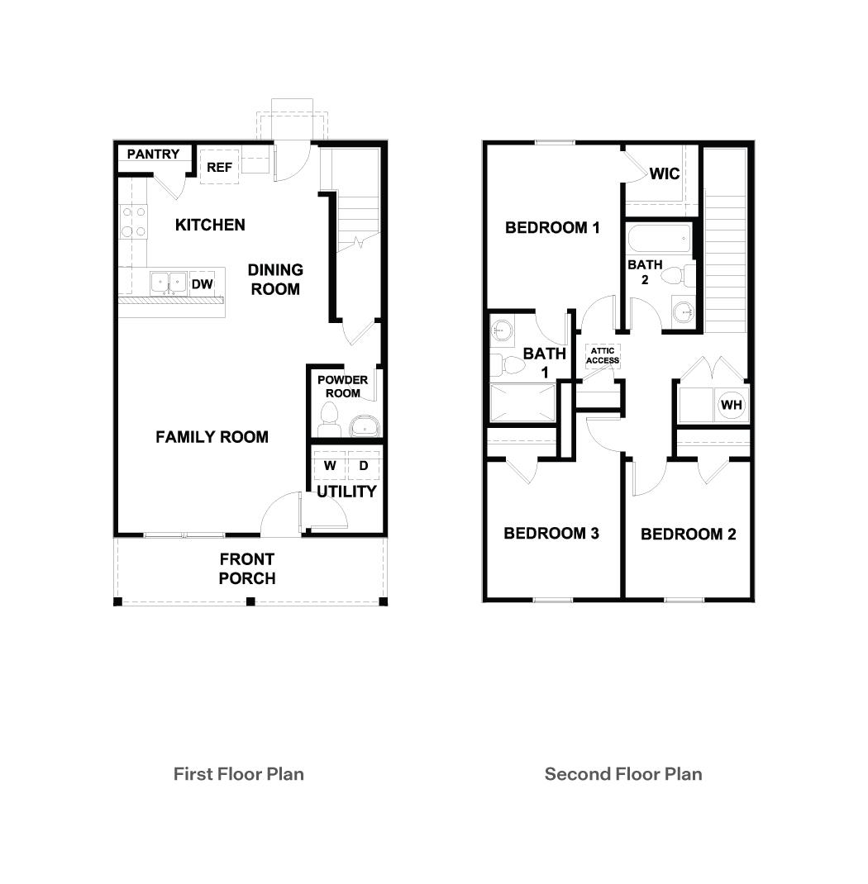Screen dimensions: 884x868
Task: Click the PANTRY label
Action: pyautogui.click(x=153, y=154)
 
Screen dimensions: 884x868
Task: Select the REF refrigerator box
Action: pyautogui.click(x=219, y=167)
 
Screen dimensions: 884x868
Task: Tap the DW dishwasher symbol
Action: pyautogui.click(x=203, y=284)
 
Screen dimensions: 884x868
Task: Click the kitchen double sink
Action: pyautogui.click(x=169, y=283)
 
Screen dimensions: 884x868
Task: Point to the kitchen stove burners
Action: pyautogui.click(x=134, y=221)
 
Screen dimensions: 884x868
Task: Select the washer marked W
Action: pyautogui.click(x=330, y=466)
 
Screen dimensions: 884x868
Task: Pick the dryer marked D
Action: pyautogui.click(x=363, y=466)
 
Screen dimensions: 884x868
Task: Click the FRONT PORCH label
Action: pyautogui.click(x=246, y=568)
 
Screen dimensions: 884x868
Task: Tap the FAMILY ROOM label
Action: pyautogui.click(x=212, y=437)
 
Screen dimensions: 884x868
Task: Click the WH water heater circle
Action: pyautogui.click(x=731, y=405)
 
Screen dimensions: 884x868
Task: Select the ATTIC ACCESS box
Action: pyautogui.click(x=603, y=356)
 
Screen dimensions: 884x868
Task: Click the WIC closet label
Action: pyautogui.click(x=664, y=173)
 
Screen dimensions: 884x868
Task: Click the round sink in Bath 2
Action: pyautogui.click(x=684, y=312)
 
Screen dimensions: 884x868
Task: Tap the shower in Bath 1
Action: pyautogui.click(x=522, y=402)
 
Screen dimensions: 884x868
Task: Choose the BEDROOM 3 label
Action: pyautogui.click(x=551, y=534)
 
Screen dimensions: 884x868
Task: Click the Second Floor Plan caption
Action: pyautogui.click(x=623, y=774)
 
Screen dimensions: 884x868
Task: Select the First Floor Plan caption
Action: pyautogui.click(x=238, y=774)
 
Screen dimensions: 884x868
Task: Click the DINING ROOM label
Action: pyautogui.click(x=275, y=279)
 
